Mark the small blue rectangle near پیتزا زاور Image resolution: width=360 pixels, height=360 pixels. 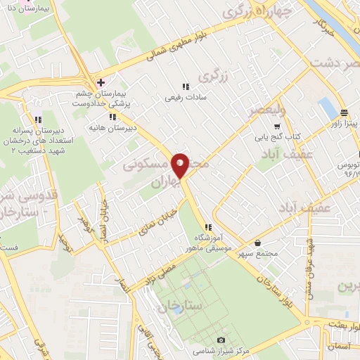pos(328,108)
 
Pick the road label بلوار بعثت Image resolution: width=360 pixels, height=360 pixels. pos(344,320)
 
